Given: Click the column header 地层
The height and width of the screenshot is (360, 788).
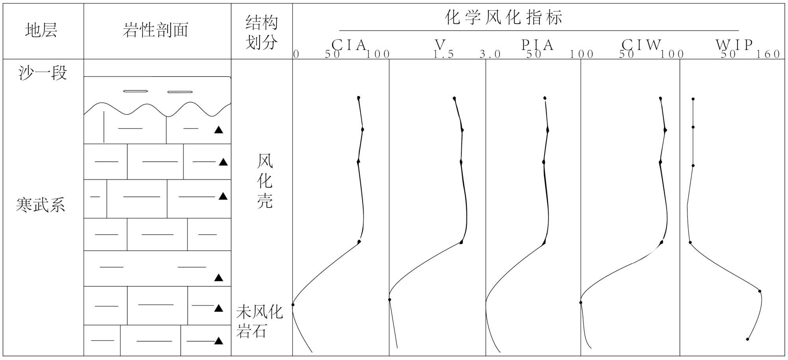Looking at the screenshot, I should coord(41,31).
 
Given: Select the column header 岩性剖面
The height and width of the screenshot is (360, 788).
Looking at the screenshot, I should coord(156,31).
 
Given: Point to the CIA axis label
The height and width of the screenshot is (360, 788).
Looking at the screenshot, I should coord(349,45).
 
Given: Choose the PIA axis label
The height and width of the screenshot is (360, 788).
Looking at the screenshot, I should coord(538,45).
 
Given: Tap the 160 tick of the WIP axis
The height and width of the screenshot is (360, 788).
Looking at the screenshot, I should coord(768,54).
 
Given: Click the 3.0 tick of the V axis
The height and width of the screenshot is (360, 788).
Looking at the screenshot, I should coord(490,54).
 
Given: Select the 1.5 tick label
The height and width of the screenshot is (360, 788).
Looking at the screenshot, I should coord(444,54).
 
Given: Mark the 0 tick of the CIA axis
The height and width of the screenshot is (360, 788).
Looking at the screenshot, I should coord(296,54).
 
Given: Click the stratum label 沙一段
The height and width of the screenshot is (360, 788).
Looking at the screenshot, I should coord(43,73).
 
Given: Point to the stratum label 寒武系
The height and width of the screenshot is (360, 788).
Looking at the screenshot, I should coord(41,205).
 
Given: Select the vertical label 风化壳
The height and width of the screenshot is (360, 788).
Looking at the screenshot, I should coord(265,181).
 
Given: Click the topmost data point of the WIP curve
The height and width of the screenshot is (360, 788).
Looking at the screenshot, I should coord(693,99).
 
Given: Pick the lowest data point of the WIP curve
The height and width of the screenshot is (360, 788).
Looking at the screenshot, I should coord(747,339).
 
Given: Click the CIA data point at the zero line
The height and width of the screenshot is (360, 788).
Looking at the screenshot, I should coord(293,304).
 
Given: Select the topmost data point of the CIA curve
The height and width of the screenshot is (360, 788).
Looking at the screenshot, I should coord(359,98).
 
